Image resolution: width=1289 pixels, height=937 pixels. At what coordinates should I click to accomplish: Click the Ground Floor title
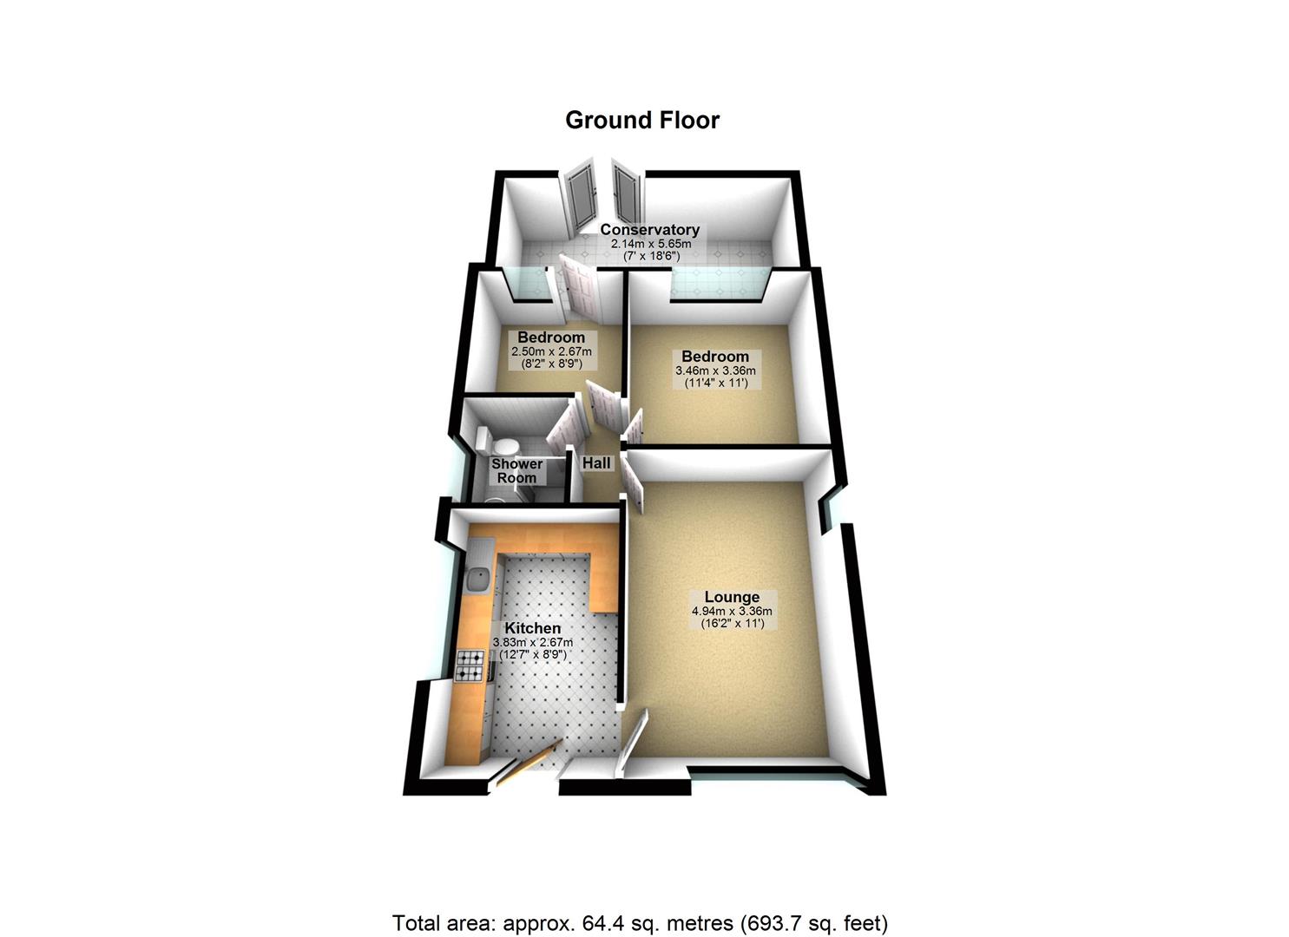[642, 120]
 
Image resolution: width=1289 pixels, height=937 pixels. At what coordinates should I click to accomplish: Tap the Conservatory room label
[650, 230]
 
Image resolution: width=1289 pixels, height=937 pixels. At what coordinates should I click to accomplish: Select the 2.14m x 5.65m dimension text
[650, 244]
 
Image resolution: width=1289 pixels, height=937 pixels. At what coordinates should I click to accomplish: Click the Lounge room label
[732, 597]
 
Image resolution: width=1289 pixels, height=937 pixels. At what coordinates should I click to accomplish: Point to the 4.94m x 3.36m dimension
[732, 611]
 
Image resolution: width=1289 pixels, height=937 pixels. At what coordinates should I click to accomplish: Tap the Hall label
[596, 463]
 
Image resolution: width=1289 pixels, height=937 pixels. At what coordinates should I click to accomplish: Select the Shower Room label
[516, 470]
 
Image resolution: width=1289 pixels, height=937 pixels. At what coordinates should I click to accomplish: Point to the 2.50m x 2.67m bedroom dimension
[551, 351]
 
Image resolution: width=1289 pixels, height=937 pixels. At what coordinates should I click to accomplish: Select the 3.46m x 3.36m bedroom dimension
[714, 370]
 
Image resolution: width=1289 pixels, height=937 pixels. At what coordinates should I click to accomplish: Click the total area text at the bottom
[641, 922]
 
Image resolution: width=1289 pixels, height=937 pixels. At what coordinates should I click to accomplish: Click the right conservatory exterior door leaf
[625, 193]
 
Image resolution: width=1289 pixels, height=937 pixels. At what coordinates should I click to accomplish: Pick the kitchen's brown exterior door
[525, 763]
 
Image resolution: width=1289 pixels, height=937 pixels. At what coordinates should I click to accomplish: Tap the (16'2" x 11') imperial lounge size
[732, 624]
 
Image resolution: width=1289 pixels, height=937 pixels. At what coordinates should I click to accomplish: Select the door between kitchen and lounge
[633, 743]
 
